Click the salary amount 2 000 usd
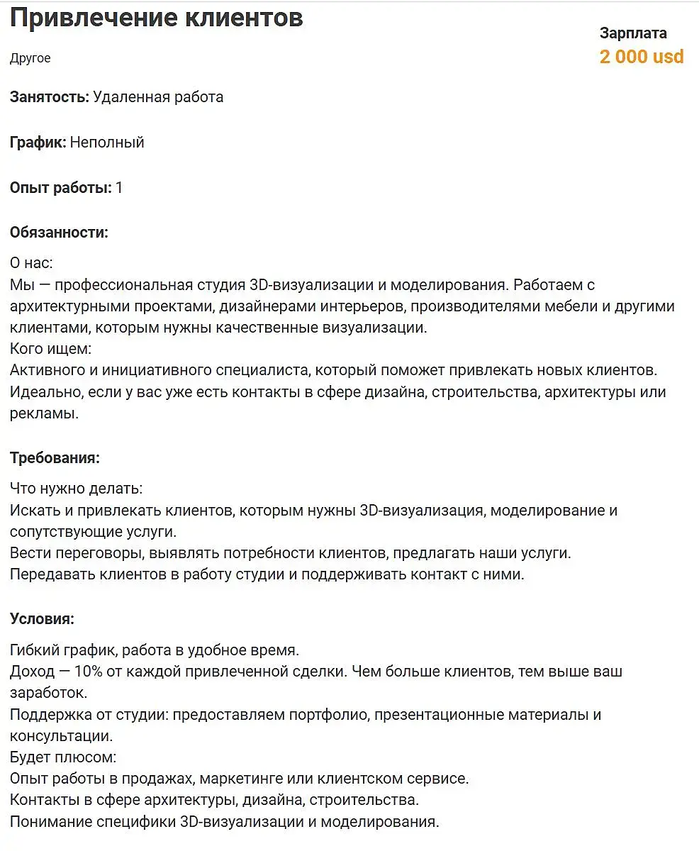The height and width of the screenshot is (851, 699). [641, 57]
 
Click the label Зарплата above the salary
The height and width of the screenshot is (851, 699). [632, 33]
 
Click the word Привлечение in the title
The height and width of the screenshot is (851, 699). [93, 18]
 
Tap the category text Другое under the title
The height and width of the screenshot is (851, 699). [30, 58]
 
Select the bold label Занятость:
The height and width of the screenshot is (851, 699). [49, 97]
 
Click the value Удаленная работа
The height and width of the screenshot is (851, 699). [158, 97]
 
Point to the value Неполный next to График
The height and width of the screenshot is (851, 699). [107, 143]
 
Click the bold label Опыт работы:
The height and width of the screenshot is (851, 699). [60, 188]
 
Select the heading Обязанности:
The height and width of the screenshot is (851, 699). [59, 233]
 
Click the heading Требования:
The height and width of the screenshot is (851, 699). [55, 458]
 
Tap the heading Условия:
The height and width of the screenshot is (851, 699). [42, 618]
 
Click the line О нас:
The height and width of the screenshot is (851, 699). [31, 263]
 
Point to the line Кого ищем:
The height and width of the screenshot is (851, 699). [51, 349]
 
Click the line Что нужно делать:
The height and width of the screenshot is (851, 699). [76, 489]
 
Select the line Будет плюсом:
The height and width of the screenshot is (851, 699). [62, 757]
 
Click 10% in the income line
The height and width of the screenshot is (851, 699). [89, 671]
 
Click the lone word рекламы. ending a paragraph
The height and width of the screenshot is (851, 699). [44, 413]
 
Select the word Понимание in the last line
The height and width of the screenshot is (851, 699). [47, 822]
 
